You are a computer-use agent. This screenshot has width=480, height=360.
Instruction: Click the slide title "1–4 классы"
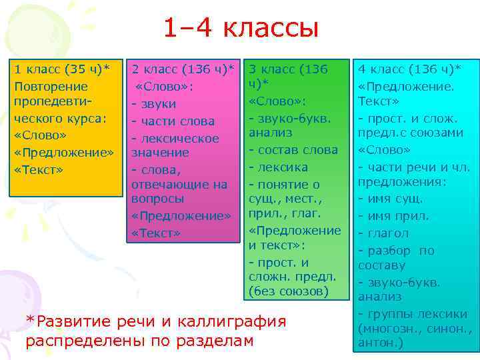(x=241, y=29)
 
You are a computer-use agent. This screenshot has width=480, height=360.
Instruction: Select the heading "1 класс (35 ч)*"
(x=62, y=69)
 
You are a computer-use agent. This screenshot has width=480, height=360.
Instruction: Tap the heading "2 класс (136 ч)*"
(x=183, y=69)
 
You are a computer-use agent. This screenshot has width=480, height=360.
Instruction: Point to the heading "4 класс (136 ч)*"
(x=409, y=69)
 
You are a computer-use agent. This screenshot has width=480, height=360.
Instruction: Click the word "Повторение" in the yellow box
(x=51, y=87)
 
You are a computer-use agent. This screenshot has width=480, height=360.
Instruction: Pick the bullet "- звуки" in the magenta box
(x=154, y=104)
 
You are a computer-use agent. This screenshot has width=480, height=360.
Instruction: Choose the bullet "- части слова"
(x=173, y=121)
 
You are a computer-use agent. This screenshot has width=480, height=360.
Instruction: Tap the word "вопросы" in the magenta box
(x=155, y=199)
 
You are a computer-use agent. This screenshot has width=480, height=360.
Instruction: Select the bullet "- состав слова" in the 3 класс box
(x=293, y=149)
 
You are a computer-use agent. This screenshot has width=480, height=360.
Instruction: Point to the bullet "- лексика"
(x=279, y=166)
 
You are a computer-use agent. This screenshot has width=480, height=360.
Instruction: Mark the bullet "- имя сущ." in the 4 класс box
(x=391, y=199)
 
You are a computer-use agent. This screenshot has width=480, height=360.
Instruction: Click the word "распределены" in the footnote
(x=79, y=340)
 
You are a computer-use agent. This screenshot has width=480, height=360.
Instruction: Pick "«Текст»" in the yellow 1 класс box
(x=39, y=169)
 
